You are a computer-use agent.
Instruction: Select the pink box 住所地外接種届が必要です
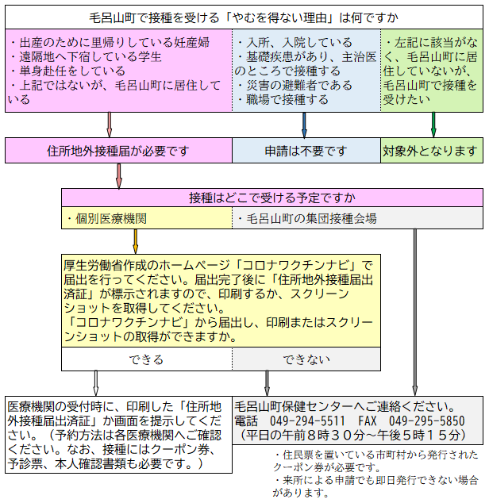[x=118, y=150]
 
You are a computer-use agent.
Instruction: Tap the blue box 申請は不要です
[x=306, y=150]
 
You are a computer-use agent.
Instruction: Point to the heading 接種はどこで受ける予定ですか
[x=272, y=198]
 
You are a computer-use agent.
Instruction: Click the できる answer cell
[x=146, y=359]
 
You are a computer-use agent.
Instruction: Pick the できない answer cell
[x=306, y=359]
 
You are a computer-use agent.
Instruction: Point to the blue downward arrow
[x=304, y=124]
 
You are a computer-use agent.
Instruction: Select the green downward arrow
[x=433, y=124]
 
